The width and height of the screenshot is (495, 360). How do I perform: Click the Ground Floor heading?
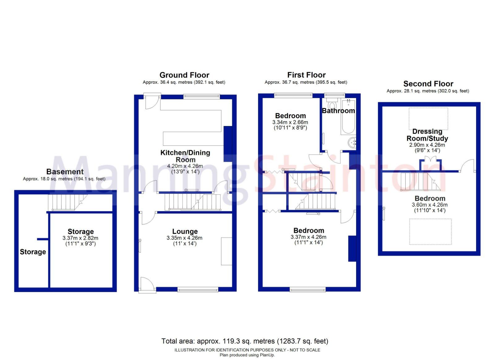pos(184,75)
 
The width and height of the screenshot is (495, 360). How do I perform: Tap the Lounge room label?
pos(185,231)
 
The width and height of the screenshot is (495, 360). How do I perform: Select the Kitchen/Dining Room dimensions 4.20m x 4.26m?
pos(185,166)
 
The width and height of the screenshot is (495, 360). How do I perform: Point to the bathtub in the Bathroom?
pos(348,117)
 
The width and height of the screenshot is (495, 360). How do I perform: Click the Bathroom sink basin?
pos(352,143)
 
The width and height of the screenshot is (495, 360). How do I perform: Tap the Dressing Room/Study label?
pos(427,135)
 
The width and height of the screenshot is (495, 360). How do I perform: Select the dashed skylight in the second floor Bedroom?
pos(430,232)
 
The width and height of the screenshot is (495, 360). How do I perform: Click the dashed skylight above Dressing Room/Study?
pos(428,119)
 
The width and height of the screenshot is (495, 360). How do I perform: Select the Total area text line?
pos(244,341)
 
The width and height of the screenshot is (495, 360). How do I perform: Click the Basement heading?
pos(65,171)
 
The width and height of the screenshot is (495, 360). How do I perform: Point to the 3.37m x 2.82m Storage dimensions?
pos(80,241)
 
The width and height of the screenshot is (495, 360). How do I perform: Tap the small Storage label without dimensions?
pos(33,252)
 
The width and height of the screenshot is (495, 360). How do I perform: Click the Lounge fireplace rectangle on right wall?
pos(226,251)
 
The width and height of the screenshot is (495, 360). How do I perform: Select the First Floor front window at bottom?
pos(308,289)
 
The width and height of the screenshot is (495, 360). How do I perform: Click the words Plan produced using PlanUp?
pos(247,355)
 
